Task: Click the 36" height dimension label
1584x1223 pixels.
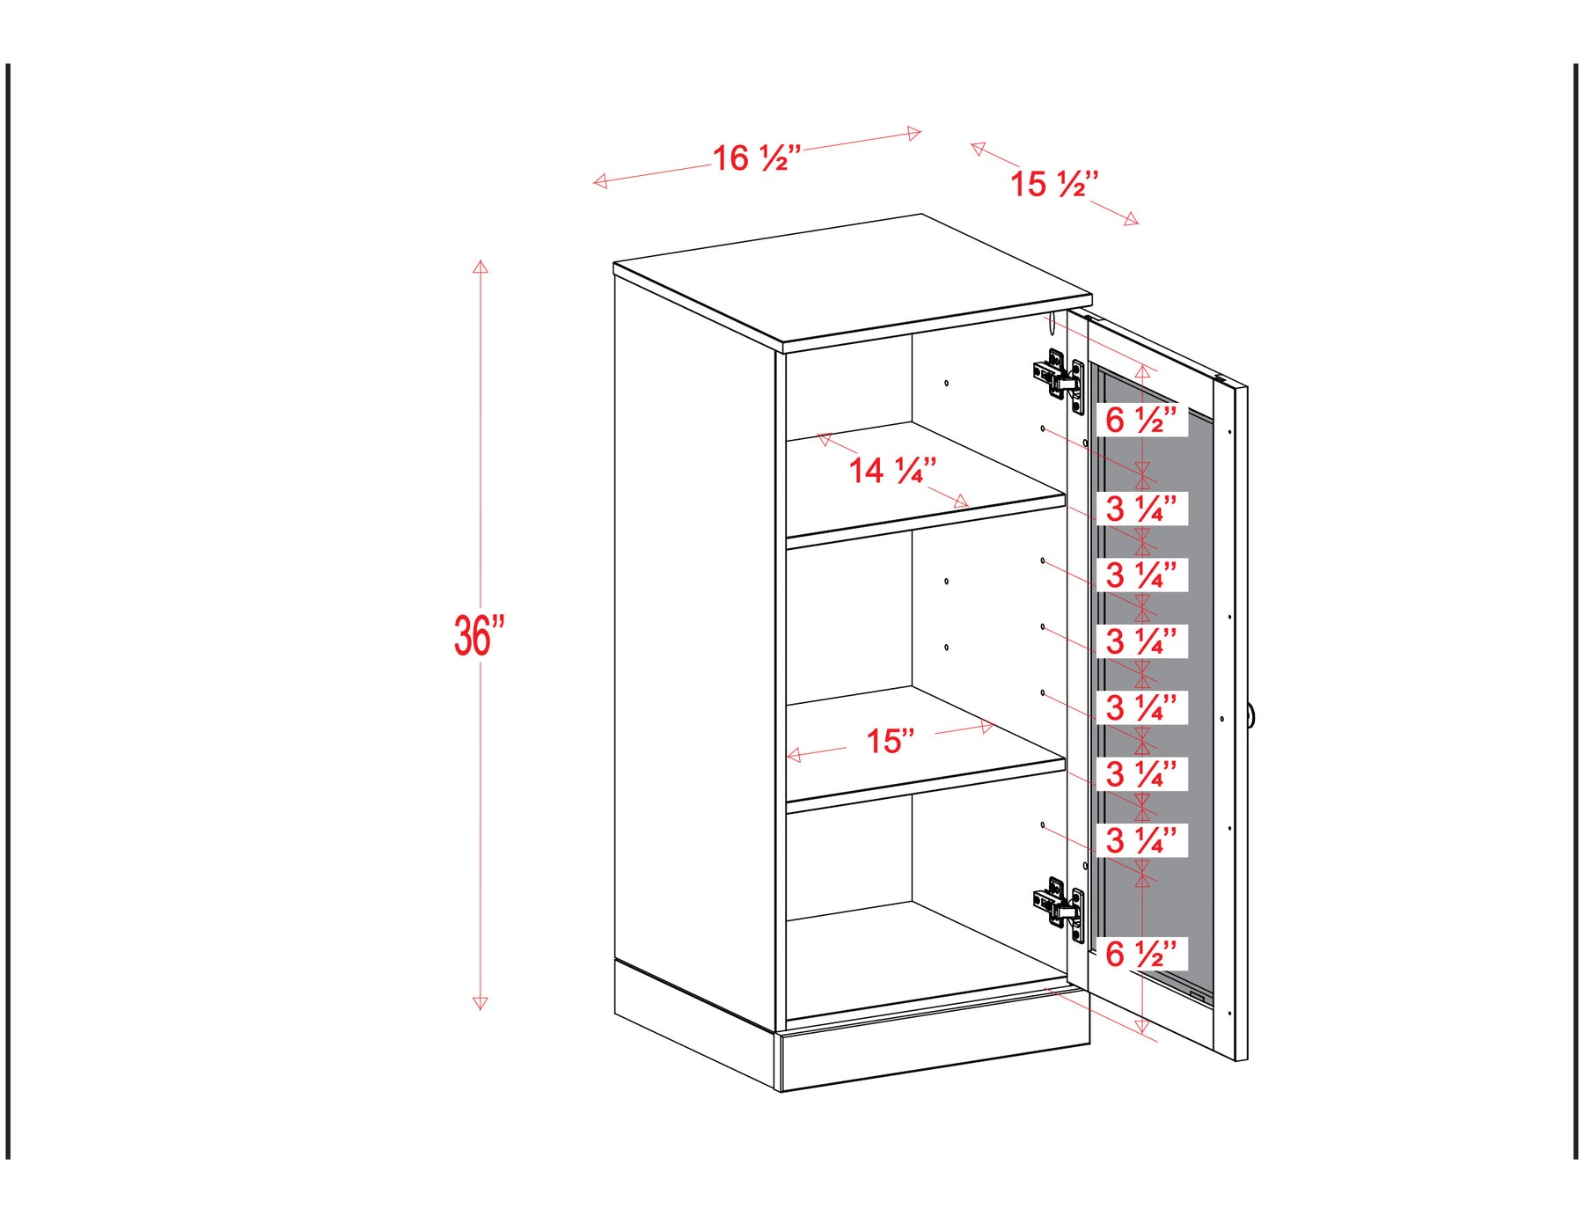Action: [x=480, y=635]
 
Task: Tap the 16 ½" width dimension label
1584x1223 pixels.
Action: [x=757, y=158]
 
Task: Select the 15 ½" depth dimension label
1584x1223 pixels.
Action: [x=1054, y=184]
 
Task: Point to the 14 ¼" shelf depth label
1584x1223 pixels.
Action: [x=892, y=470]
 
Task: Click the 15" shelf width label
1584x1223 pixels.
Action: [x=891, y=741]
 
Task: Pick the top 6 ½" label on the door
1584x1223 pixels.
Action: [x=1140, y=420]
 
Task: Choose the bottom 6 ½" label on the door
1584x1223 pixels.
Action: [x=1140, y=954]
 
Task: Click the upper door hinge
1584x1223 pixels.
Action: [x=1060, y=381]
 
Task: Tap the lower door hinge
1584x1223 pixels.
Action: [x=1060, y=909]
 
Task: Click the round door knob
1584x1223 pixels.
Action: [x=1250, y=715]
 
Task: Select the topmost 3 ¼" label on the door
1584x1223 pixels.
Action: [x=1140, y=509]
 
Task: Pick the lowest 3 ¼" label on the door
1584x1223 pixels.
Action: [x=1140, y=840]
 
